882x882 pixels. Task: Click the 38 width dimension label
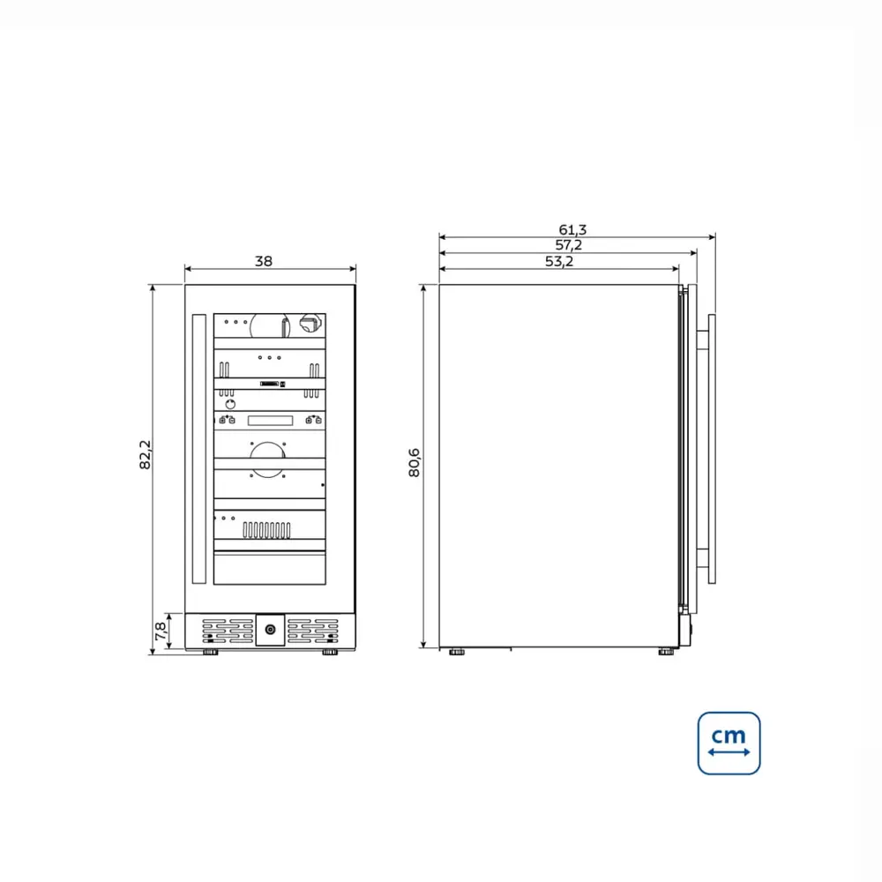pos(263,261)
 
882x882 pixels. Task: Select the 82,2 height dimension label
pos(146,454)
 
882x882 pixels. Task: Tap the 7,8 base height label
pos(161,631)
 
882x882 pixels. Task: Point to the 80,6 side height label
pos(414,462)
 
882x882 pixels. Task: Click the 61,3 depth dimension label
pos(572,229)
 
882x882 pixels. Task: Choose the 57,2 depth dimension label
pos(569,245)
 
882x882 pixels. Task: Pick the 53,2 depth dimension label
pos(559,261)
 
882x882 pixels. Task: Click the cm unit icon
pos(729,743)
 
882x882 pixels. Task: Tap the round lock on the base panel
pos(270,630)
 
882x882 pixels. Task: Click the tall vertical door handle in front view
pos(198,448)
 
